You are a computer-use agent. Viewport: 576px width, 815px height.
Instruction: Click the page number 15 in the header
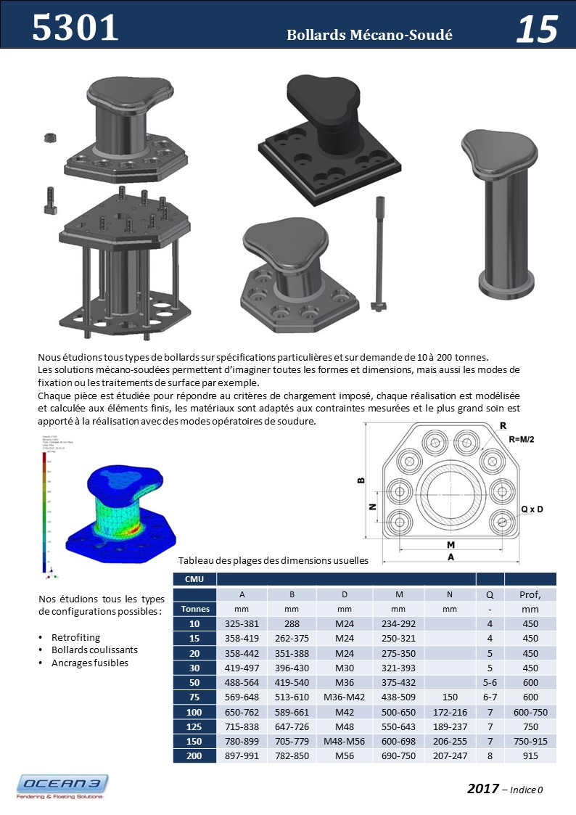[537, 28]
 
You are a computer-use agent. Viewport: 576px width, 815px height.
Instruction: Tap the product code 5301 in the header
[75, 27]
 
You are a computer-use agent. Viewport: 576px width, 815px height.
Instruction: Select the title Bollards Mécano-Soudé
[369, 35]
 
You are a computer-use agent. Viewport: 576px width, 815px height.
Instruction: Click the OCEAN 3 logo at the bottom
[63, 786]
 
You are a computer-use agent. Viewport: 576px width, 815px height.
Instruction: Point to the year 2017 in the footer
[483, 788]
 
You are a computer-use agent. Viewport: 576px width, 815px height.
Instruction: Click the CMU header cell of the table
[194, 579]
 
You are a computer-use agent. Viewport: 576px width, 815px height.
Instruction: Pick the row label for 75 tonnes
[195, 697]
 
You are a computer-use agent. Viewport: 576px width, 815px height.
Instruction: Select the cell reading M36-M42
[345, 697]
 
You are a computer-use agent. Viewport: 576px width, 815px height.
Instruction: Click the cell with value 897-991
[242, 755]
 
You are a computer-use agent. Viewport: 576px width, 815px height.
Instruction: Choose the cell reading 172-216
[450, 711]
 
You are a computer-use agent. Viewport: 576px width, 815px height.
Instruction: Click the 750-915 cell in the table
[530, 741]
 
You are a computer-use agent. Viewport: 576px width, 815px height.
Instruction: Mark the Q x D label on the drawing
[534, 510]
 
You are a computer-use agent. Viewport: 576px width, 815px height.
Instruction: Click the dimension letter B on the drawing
[360, 480]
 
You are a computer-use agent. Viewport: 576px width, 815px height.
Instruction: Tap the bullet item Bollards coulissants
[94, 650]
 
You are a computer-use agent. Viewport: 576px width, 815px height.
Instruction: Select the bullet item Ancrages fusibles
[89, 663]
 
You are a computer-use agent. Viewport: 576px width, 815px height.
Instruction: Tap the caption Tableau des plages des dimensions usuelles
[273, 560]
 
